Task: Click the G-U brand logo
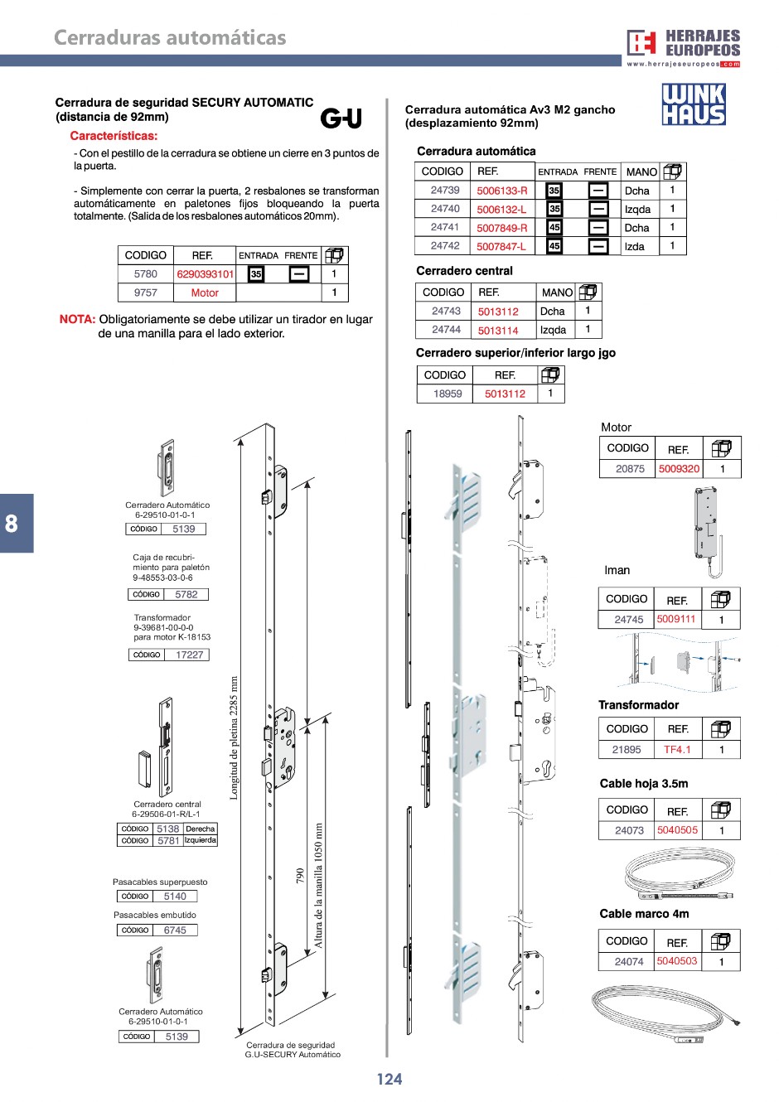coord(341,118)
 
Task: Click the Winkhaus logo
coord(694,104)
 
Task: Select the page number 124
coord(389,1079)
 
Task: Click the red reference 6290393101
coord(206,274)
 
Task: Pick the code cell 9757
coord(145,292)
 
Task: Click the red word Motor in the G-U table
coord(205,292)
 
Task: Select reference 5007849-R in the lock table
coord(501,228)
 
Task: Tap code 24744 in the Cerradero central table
coord(446,330)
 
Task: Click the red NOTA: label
coord(77,320)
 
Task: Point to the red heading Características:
coord(114,136)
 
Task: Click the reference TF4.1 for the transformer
coord(677,750)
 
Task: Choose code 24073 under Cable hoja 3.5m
coord(629,830)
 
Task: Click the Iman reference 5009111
coord(676,619)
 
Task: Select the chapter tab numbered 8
coord(12,524)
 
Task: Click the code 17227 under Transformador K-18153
coord(189,655)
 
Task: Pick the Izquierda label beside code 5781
coord(200,840)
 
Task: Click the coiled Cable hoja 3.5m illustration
coord(677,873)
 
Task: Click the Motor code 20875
coord(630,469)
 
